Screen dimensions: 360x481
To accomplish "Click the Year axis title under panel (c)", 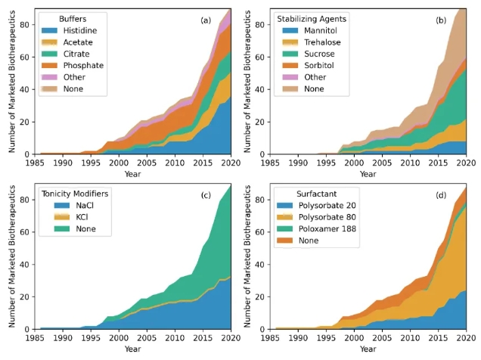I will (132, 349).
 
